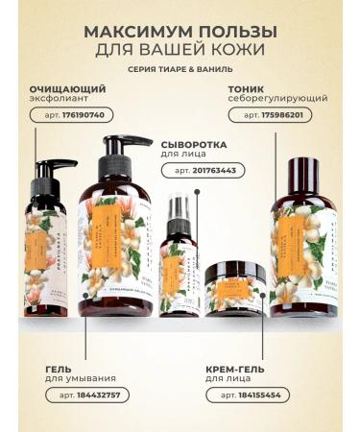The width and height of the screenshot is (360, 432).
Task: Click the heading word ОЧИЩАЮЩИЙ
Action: pyautogui.click(x=66, y=88)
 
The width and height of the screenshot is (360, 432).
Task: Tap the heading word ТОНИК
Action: pyautogui.click(x=247, y=88)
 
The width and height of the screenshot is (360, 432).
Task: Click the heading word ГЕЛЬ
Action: pyautogui.click(x=59, y=368)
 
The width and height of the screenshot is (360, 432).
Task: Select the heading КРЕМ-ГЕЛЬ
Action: pyautogui.click(x=235, y=368)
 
